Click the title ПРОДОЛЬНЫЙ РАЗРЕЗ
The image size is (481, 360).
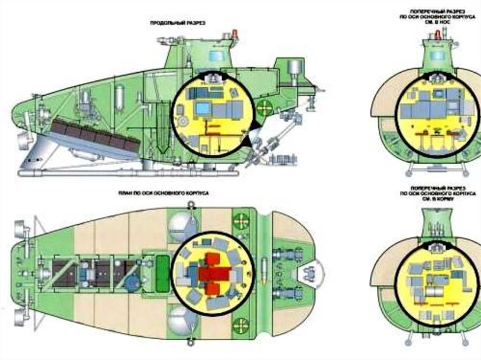coord(178,23)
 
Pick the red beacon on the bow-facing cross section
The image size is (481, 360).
coord(438,34)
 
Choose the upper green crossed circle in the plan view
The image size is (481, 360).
coord(240,220)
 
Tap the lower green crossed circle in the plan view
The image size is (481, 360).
coord(240,323)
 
